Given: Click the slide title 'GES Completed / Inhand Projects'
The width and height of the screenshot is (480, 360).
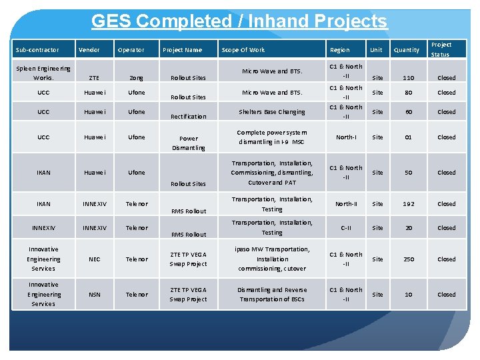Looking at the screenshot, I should tap(239, 21).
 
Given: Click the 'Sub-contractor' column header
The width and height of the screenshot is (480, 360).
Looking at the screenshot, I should tap(37, 50).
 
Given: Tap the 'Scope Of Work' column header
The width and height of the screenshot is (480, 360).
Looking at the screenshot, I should tap(243, 50).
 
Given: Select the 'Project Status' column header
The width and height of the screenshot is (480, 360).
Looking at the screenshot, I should tap(441, 49).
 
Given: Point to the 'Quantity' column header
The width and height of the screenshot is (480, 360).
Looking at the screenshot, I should tap(407, 50).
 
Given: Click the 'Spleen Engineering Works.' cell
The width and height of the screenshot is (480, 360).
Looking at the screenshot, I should tap(44, 73).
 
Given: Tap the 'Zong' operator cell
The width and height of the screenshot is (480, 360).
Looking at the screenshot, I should tap(136, 78).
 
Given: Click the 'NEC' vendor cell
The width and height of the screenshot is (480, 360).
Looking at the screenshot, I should tap(94, 259).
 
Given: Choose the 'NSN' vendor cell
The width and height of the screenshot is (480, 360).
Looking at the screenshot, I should tap(94, 295).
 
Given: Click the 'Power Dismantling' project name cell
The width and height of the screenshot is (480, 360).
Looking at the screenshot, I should tap(189, 143).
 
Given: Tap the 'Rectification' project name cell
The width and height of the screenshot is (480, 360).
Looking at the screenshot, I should tap(189, 117).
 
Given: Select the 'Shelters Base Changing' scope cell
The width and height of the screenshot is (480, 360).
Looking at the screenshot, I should tap(272, 112).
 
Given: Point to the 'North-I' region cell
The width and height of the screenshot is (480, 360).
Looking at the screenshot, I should tap(346, 137).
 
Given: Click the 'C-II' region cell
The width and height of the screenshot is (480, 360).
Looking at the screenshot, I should tap(346, 228).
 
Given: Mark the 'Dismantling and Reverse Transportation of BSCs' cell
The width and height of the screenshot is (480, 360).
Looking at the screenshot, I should tap(272, 295).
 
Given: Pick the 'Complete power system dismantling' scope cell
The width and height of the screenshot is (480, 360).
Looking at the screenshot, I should tap(272, 137).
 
